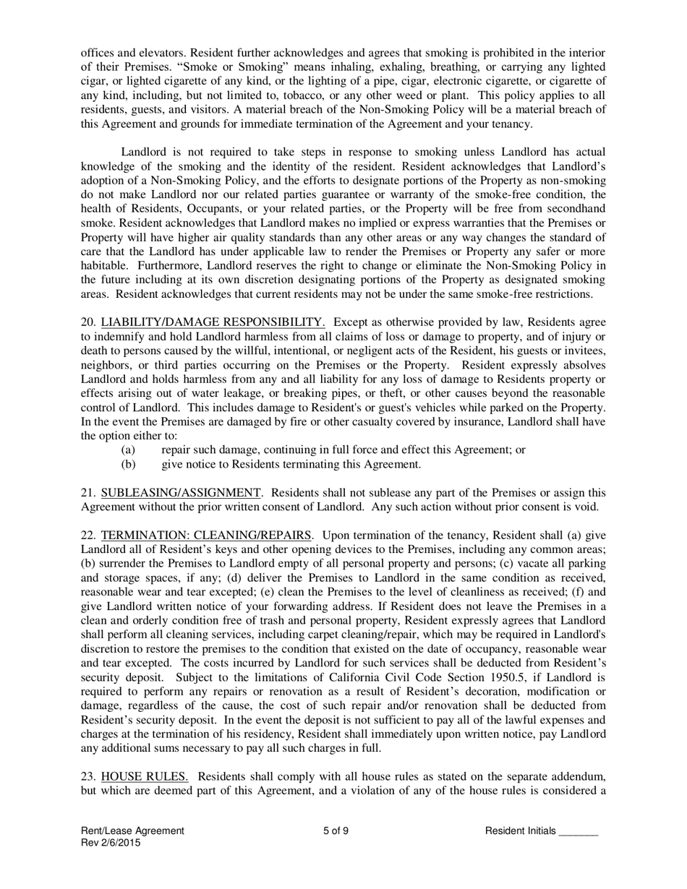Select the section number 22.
[x=88, y=536]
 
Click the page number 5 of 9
[x=336, y=831]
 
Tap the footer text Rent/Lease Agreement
[x=132, y=831]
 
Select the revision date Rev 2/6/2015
[x=111, y=843]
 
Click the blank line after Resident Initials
[x=579, y=831]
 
